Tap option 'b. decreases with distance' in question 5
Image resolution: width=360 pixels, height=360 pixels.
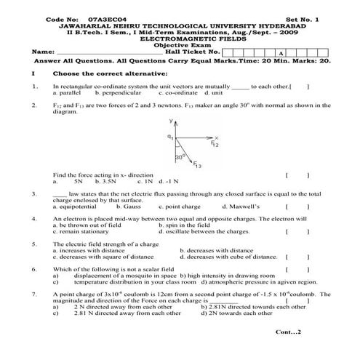tap(216, 250)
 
